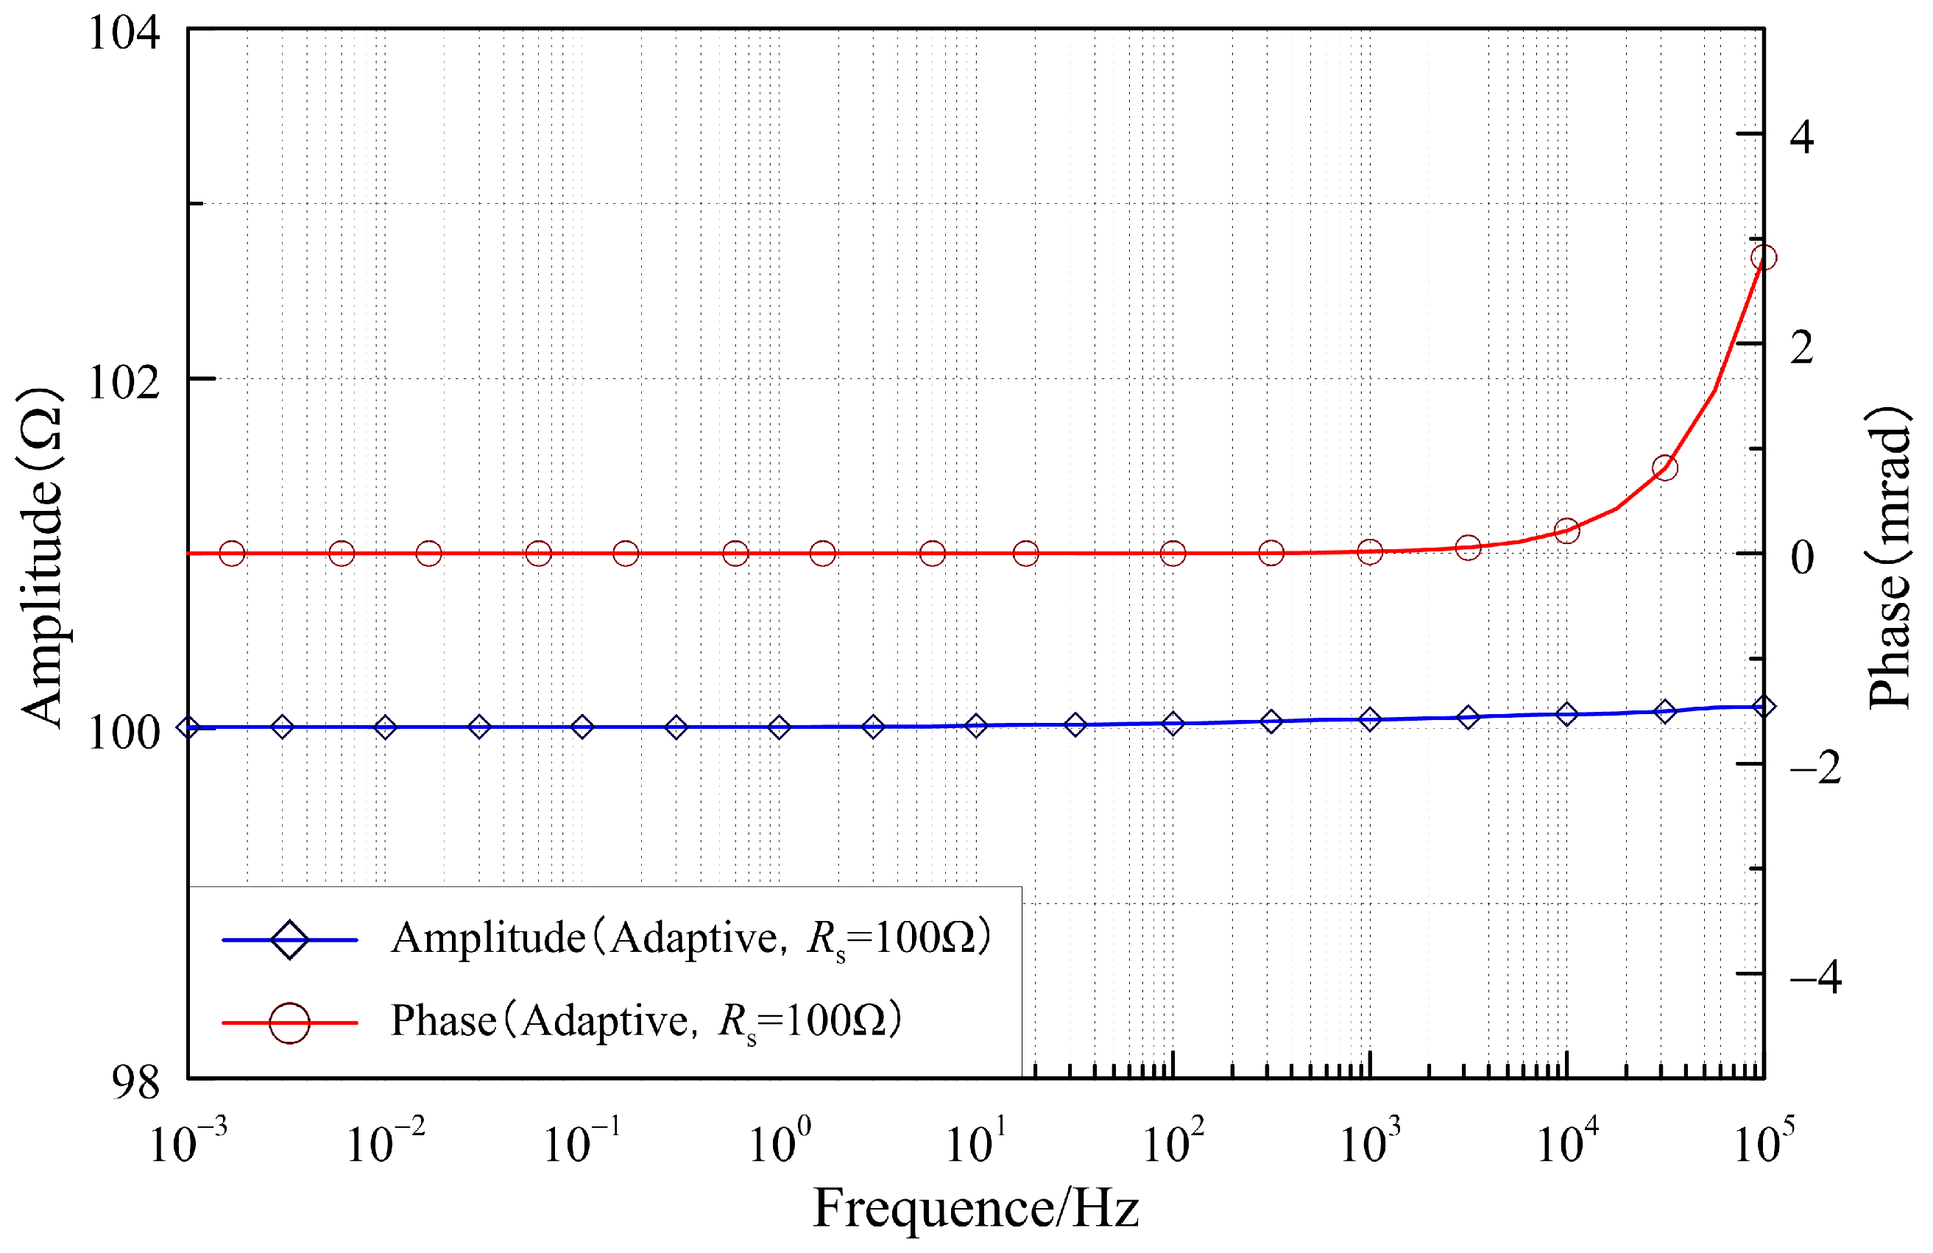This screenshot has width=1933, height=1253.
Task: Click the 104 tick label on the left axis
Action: click(124, 34)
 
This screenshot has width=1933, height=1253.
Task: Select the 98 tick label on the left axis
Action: click(135, 1081)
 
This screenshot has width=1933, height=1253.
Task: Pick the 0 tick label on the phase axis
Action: click(1801, 557)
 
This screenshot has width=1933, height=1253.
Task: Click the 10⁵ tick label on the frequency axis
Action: click(1762, 1141)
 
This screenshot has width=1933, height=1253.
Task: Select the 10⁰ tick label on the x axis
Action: click(778, 1141)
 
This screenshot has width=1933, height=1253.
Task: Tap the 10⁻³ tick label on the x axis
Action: click(187, 1141)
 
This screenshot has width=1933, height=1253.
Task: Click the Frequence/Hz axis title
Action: click(975, 1209)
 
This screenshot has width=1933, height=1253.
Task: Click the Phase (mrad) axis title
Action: click(1889, 557)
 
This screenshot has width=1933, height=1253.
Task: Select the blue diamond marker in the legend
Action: click(289, 939)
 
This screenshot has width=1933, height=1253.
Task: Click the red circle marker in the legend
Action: click(289, 1023)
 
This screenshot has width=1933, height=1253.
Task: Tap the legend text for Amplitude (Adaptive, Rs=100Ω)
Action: click(690, 938)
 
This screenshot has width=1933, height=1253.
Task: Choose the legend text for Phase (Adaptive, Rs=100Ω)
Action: click(646, 1021)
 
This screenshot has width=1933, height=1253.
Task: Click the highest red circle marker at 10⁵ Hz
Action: click(1762, 258)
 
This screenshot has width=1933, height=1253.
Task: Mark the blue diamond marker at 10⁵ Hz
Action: click(1762, 707)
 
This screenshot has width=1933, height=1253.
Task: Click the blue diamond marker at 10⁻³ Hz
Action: click(188, 727)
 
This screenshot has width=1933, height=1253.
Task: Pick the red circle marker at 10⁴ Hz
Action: click(1566, 530)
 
